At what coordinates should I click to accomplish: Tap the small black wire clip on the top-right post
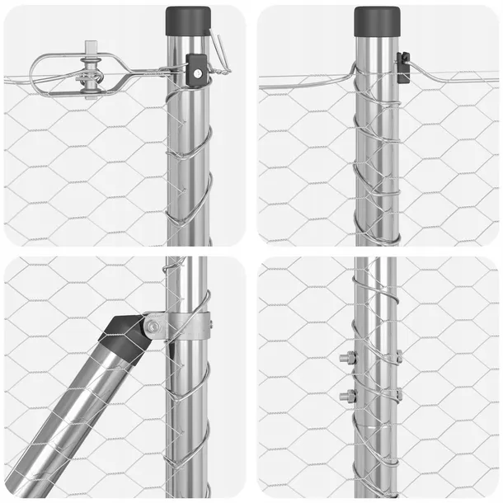coord(402,68)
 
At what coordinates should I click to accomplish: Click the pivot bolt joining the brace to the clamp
coord(153,327)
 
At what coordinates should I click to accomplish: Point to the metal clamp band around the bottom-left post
coord(188,326)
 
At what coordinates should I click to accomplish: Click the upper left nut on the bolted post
coord(346,358)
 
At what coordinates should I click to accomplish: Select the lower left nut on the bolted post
coord(346,396)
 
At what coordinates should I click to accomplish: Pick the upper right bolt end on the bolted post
coord(398,357)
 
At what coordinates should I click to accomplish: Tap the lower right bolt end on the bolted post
coord(398,395)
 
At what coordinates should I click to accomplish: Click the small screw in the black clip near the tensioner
coord(197,72)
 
